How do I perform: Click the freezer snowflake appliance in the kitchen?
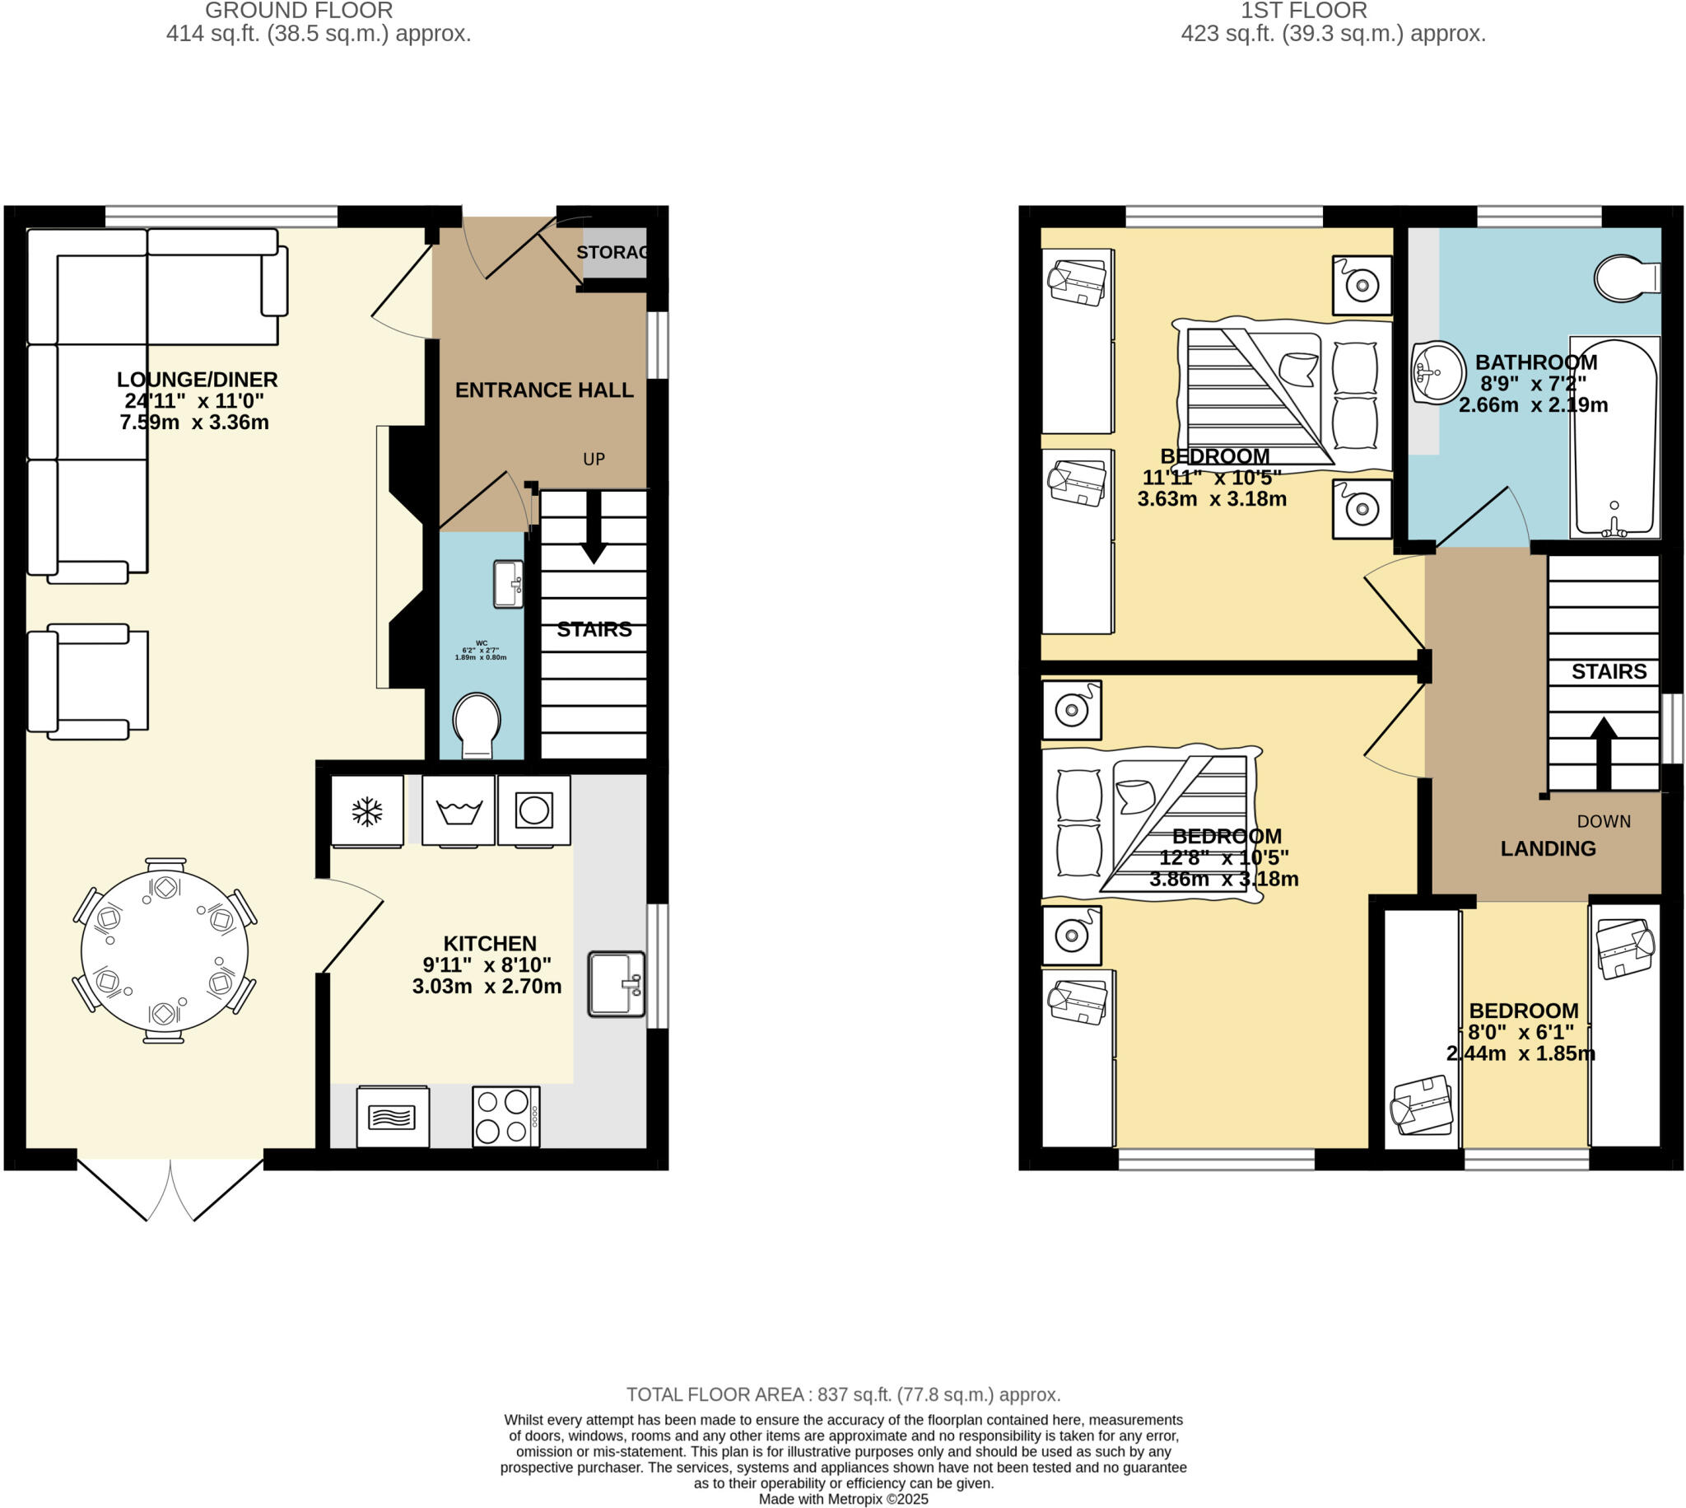[x=367, y=811]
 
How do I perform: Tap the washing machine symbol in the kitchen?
[x=458, y=811]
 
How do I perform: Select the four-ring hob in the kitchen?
[x=505, y=1116]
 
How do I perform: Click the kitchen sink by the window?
[x=616, y=983]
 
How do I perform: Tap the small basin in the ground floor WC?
[x=508, y=584]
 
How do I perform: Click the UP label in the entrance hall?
[x=594, y=459]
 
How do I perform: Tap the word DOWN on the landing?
[x=1603, y=821]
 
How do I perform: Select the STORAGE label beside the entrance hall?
[x=612, y=252]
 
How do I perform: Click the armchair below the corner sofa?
[x=88, y=681]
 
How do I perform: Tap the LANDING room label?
[x=1548, y=848]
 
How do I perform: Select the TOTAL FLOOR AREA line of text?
[x=843, y=1394]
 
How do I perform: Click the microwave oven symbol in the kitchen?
[x=393, y=1117]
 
